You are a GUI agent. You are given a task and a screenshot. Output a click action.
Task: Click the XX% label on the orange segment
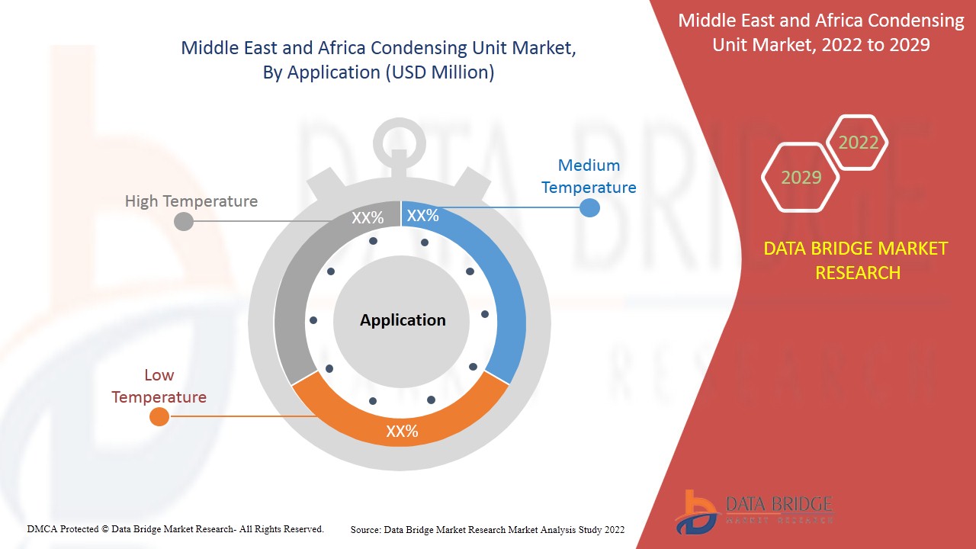point(402,432)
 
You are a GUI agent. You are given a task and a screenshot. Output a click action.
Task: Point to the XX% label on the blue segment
point(422,216)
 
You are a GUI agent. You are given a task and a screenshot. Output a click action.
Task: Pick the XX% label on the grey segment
point(368,218)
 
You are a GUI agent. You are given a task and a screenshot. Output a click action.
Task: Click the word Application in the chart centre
point(403,320)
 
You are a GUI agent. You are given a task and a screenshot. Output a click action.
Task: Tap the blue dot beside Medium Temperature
point(589,207)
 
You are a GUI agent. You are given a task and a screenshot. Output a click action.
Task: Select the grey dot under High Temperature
point(184,222)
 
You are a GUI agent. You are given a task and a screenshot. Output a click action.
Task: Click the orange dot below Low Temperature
point(159,416)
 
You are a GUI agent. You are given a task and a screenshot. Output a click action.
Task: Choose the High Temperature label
point(191,201)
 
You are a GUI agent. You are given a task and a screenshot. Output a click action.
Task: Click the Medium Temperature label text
point(589,176)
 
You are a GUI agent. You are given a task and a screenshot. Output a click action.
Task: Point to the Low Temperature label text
point(159,386)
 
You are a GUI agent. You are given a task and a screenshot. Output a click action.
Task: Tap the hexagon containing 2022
point(858,143)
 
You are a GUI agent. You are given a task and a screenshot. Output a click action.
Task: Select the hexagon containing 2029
point(801,178)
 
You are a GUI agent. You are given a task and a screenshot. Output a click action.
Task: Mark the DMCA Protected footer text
point(175,528)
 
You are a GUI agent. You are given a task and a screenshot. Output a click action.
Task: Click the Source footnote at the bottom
point(487,529)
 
